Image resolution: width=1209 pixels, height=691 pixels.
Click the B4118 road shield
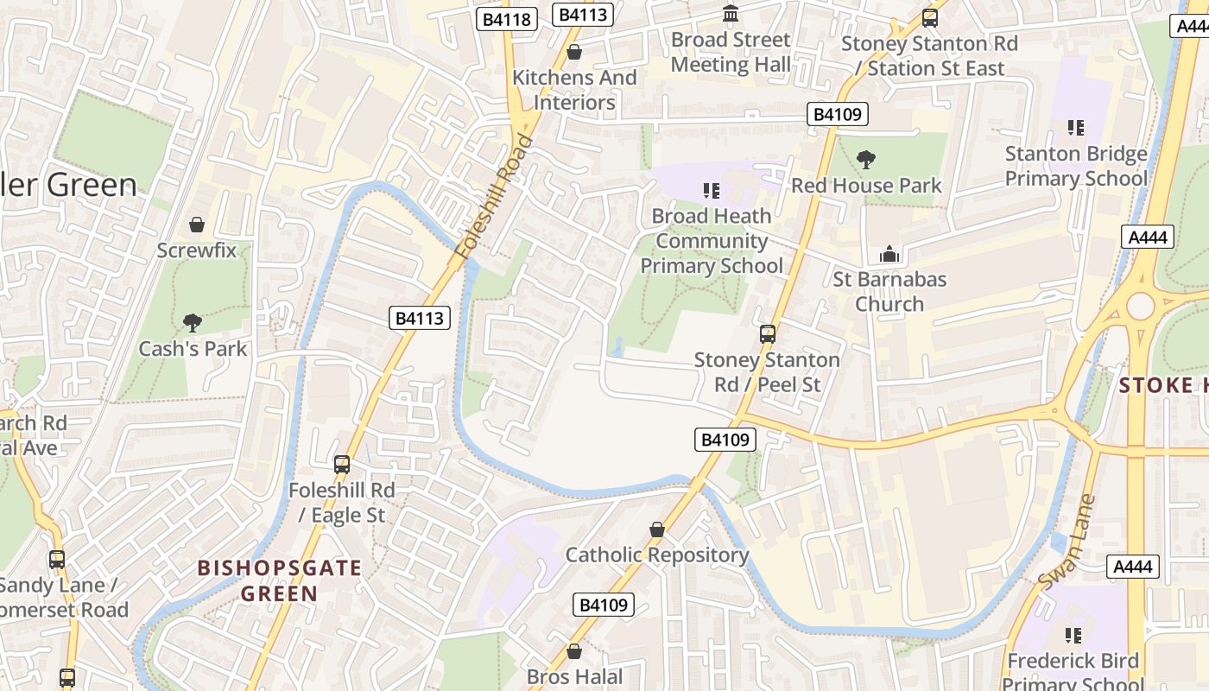coord(507,18)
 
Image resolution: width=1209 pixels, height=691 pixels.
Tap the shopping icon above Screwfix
coord(197,225)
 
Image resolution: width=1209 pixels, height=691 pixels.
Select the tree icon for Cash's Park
coord(192,323)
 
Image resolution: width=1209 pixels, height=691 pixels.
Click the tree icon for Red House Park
coord(865,160)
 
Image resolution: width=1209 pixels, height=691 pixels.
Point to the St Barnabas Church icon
coord(889,254)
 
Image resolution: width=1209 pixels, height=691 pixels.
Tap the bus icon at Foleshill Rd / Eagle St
coord(342,465)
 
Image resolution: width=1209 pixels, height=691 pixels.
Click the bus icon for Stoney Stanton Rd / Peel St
coord(767,334)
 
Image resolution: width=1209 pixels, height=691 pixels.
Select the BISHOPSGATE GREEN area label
coord(279,580)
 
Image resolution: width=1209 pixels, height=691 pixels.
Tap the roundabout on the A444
coord(1140,306)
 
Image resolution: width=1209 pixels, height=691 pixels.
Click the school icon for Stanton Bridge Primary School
coord(1075,128)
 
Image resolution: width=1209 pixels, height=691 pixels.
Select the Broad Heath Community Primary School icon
coord(711,190)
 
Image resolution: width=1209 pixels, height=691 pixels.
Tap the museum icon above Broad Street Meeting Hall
coord(731,14)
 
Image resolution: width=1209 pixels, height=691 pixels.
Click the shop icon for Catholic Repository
coord(657,529)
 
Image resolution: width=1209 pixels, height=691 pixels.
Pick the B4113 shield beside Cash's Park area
coord(420,318)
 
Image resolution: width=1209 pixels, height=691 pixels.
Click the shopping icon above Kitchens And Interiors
coord(574,53)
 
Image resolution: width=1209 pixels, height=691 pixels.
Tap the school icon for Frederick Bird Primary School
coord(1073,636)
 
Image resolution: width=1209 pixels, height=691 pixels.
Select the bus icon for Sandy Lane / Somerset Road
coord(57,560)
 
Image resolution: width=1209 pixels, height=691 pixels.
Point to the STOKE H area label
coord(1163,385)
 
